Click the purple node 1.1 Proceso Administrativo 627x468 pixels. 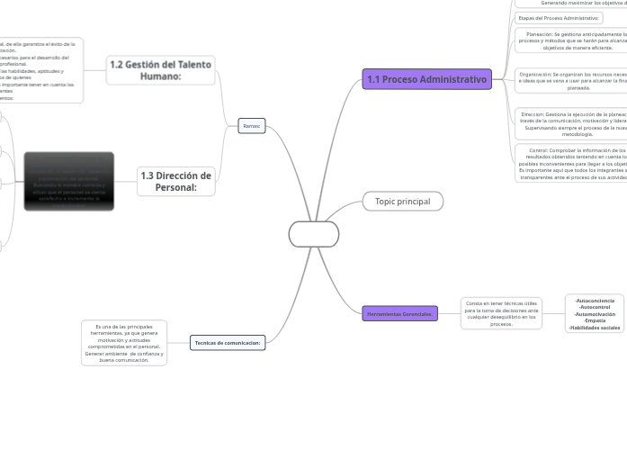point(427,79)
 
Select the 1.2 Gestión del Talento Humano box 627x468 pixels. point(160,70)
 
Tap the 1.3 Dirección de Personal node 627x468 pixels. point(175,181)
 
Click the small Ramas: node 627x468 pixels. point(252,126)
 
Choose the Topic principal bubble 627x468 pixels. point(402,202)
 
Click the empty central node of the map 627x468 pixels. point(314,234)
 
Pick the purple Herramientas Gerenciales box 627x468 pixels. point(400,313)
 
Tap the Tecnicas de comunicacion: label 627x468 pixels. point(228,342)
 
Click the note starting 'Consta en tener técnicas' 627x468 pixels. point(501,312)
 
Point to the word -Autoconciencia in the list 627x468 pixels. point(595,300)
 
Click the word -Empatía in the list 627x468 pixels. point(595,320)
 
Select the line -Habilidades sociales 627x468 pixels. point(595,328)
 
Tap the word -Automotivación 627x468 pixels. point(595,313)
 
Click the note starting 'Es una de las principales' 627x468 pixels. point(123,342)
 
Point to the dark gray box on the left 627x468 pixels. point(68,181)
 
